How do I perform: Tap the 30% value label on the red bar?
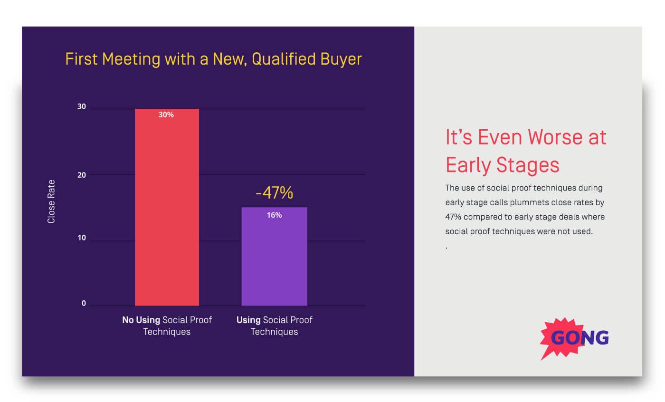166,115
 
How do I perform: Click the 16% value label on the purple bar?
274,215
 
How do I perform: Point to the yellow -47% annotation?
274,193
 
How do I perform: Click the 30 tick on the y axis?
82,107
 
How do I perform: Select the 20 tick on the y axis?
82,175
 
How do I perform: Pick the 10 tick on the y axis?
82,238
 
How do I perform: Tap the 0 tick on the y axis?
84,304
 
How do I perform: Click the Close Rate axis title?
51,201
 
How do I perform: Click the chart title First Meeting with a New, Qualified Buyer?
213,59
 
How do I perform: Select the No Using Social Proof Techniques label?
167,325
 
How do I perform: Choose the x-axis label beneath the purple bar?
274,325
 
